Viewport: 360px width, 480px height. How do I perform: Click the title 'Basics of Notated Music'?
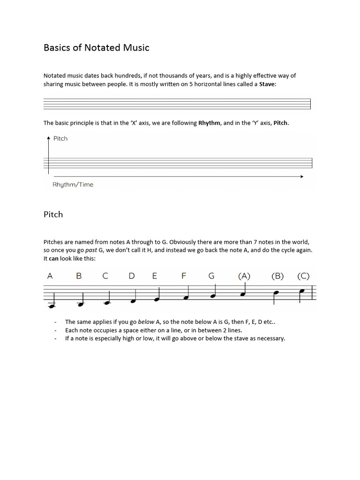click(x=96, y=47)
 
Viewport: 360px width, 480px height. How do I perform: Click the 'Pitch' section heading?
click(x=53, y=214)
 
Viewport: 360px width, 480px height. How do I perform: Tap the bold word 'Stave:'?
click(x=268, y=84)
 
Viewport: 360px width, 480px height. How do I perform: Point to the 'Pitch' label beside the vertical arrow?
click(x=60, y=138)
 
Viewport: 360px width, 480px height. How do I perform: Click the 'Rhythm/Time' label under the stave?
click(x=73, y=185)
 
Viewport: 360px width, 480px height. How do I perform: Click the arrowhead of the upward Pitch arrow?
click(x=48, y=138)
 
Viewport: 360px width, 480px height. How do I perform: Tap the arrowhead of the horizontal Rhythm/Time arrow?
click(x=302, y=177)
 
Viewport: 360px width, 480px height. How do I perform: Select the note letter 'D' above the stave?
click(x=131, y=276)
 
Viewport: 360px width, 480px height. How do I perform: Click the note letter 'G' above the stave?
click(x=211, y=276)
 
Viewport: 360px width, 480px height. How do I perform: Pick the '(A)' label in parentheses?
click(x=244, y=276)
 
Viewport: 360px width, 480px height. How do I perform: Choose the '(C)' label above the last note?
click(x=303, y=276)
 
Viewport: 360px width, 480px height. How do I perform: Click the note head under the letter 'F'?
click(x=186, y=298)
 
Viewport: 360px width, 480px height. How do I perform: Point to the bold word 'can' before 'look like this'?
click(x=54, y=258)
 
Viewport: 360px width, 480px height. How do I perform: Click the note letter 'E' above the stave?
click(x=155, y=276)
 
